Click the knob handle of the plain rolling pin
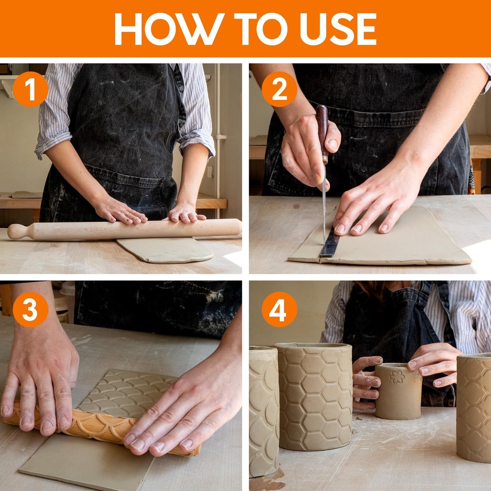(x=20, y=232)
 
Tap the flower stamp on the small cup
(x=397, y=377)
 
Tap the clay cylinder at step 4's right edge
(x=474, y=408)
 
